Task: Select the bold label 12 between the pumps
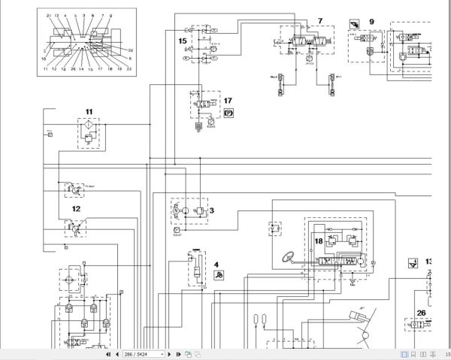76,208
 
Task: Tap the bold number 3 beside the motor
213,212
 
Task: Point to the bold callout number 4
216,264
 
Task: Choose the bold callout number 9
371,22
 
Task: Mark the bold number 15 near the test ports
182,40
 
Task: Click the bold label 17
229,100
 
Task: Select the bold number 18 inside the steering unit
318,241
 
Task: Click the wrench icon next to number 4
217,276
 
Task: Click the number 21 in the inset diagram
48,16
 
